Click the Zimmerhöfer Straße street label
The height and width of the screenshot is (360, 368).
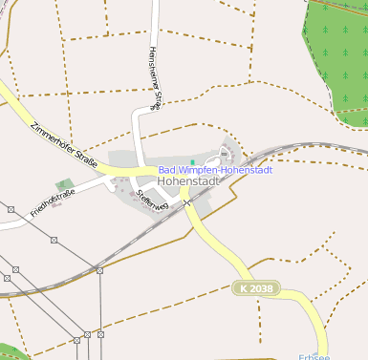pyautogui.click(x=63, y=143)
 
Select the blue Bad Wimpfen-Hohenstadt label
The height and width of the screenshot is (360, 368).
pyautogui.click(x=215, y=170)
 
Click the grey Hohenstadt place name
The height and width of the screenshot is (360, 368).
pyautogui.click(x=188, y=180)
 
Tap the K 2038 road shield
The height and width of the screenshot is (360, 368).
pyautogui.click(x=256, y=287)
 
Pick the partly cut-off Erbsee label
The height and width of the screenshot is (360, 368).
pyautogui.click(x=314, y=356)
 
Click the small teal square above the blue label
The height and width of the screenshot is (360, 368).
pyautogui.click(x=192, y=161)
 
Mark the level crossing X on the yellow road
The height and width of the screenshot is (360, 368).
pyautogui.click(x=188, y=202)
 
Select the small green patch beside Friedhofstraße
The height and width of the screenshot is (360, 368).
pyautogui.click(x=64, y=183)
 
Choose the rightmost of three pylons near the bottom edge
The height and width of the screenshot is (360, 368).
pyautogui.click(x=99, y=335)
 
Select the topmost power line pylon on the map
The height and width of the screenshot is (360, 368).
pyautogui.click(x=11, y=209)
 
